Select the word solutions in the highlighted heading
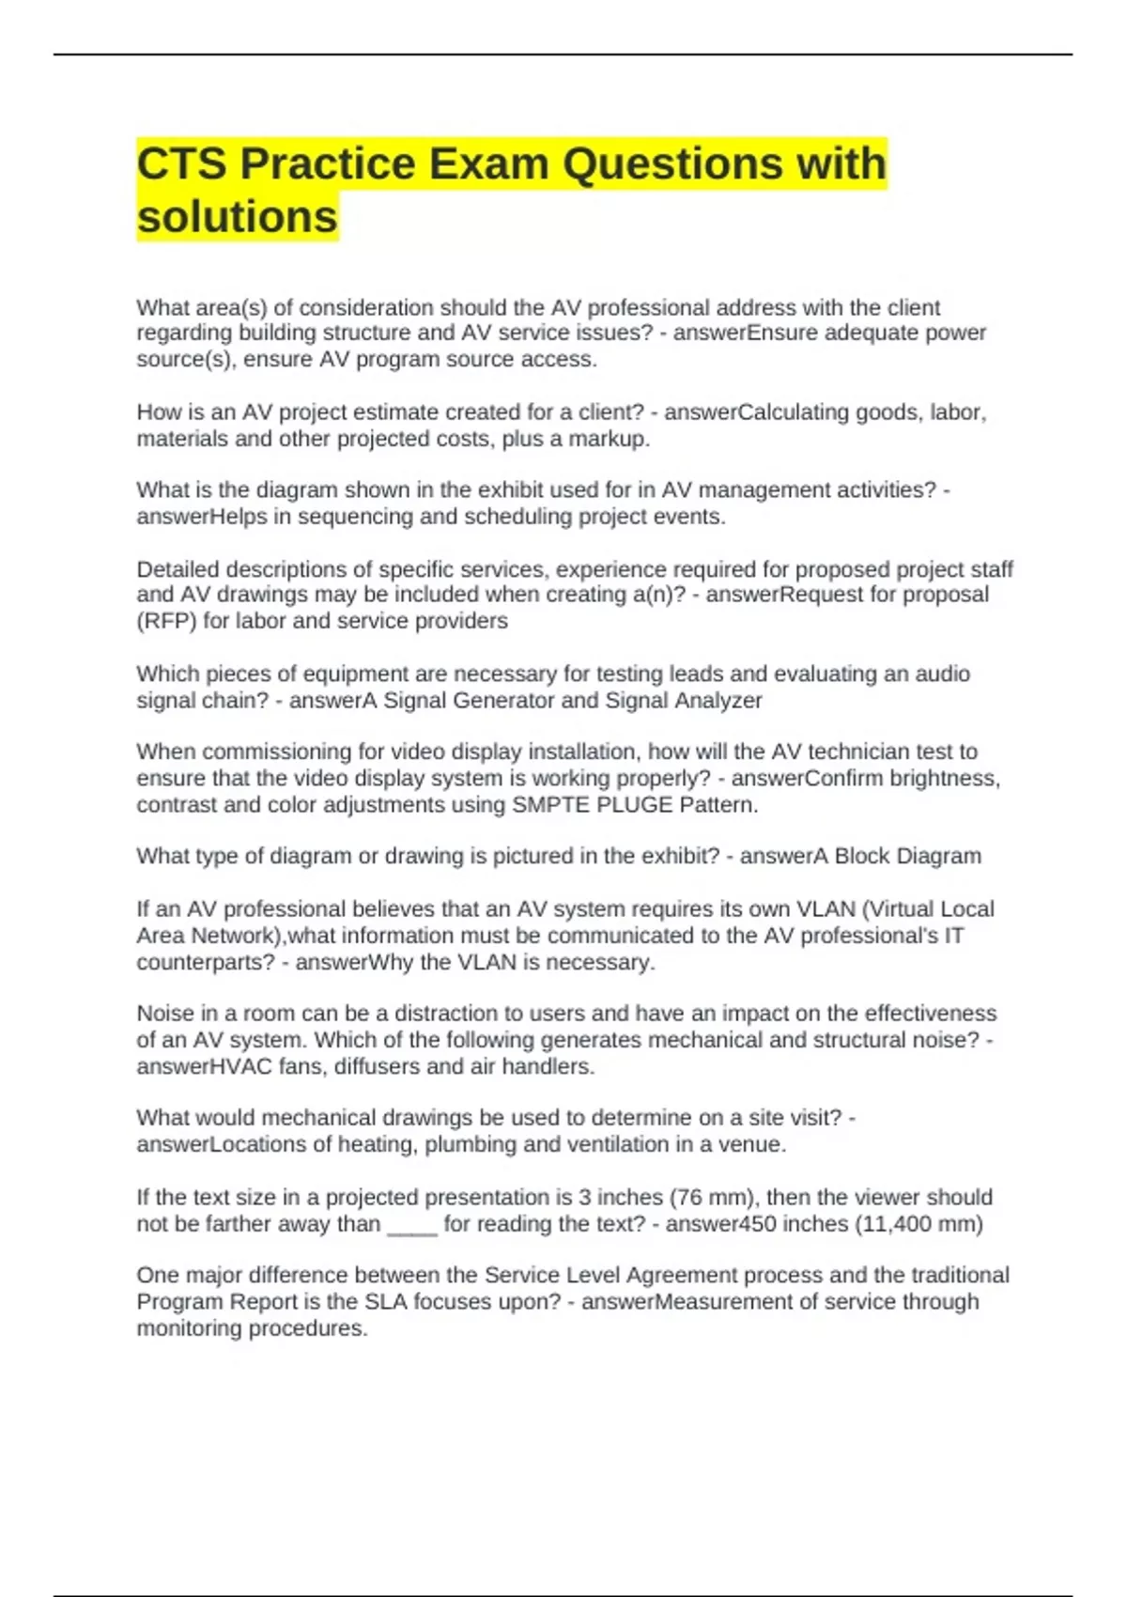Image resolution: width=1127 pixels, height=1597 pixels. pos(237,217)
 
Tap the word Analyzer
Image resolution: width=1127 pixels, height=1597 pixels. pos(718,701)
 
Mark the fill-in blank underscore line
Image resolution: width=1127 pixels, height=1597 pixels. pos(411,1225)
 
